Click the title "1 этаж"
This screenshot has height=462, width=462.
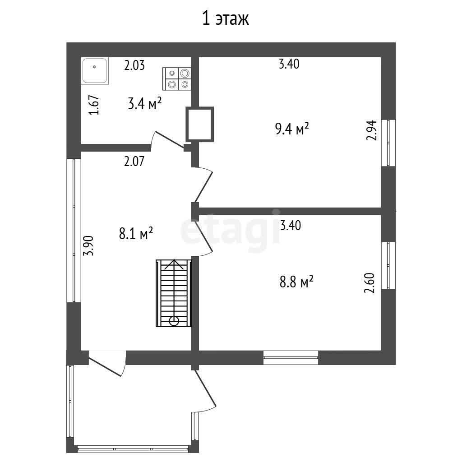226,18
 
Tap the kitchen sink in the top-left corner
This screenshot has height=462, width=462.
95,71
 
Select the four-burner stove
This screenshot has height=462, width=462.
177,79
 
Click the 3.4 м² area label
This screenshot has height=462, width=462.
145,103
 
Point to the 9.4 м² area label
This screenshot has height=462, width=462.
292,129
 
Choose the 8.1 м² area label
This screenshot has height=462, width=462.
136,233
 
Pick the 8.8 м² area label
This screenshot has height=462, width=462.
296,282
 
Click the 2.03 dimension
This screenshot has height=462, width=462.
134,65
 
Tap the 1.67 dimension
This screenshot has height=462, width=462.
94,105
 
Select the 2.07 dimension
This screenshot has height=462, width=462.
134,162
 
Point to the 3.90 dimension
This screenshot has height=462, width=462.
88,245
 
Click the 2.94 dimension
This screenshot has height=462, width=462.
371,130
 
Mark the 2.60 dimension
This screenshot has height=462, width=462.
370,283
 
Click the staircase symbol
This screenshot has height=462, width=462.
174,293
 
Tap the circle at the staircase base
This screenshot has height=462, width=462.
174,321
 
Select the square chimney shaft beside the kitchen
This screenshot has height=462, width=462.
199,124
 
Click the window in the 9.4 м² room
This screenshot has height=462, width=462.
388,143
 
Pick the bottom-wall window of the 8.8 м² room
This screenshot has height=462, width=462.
291,358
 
